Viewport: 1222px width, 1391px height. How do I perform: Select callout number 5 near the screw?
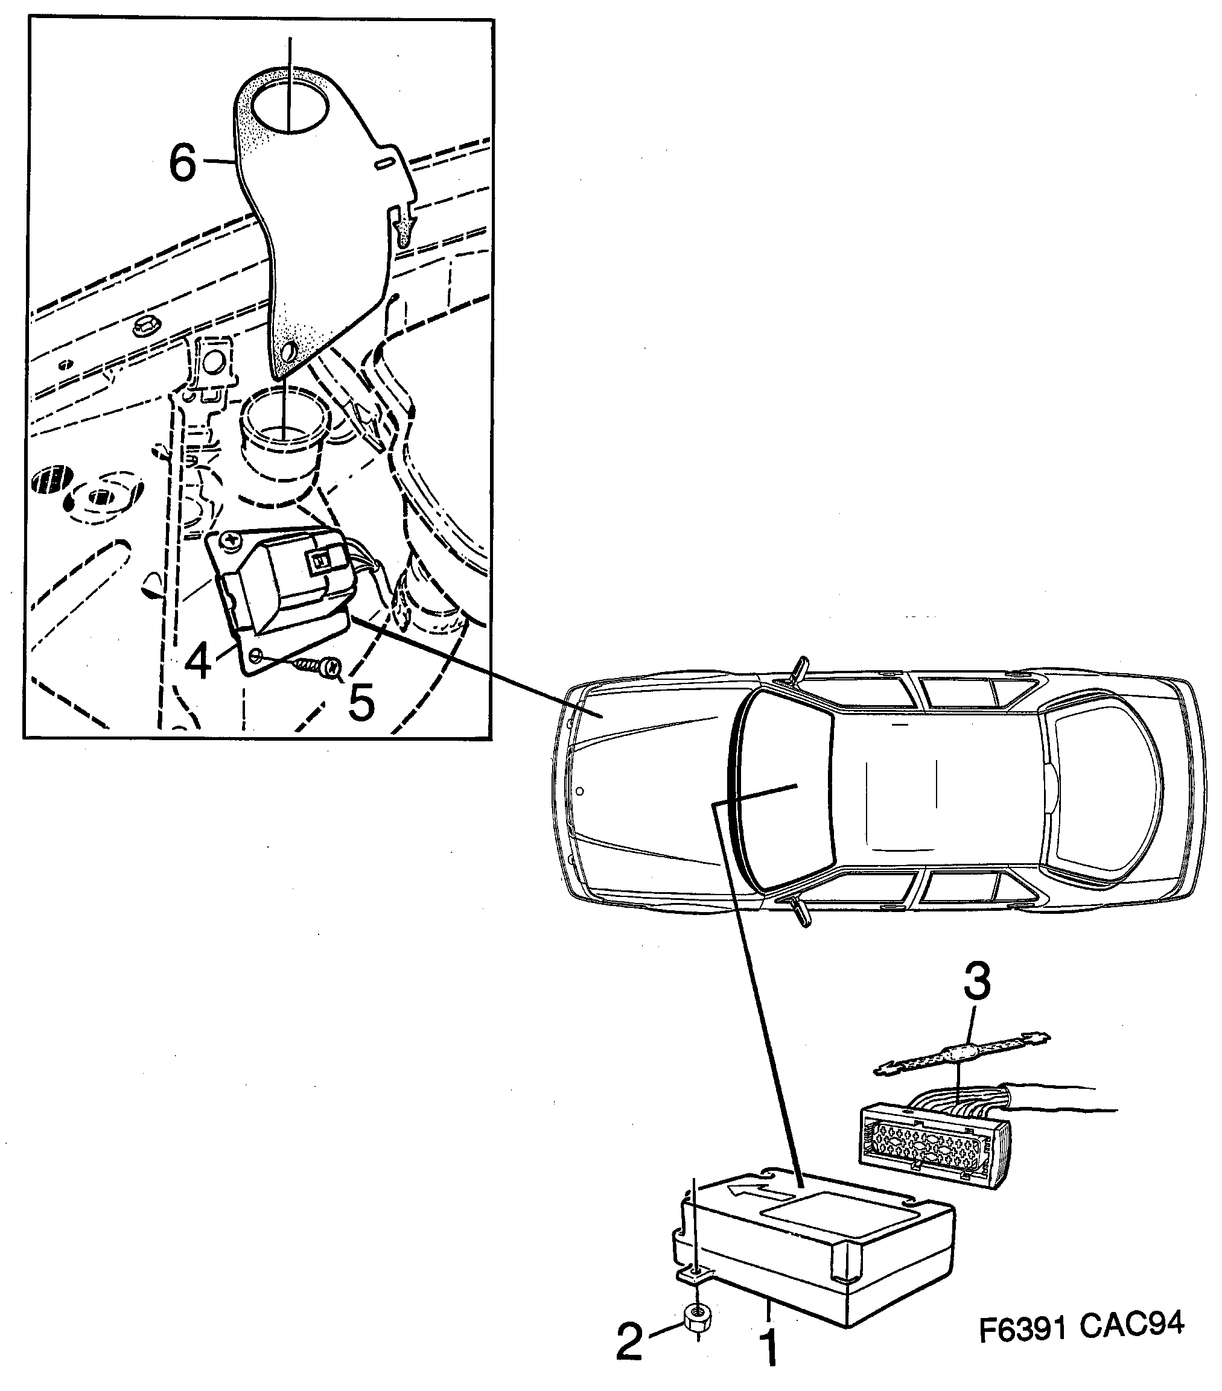point(361,702)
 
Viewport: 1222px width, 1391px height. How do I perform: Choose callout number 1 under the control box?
point(769,1346)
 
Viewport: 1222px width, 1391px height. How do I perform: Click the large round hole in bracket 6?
point(289,107)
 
